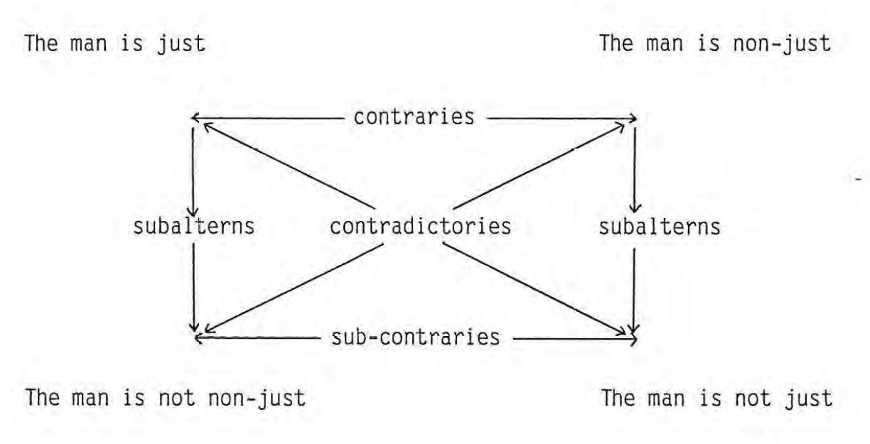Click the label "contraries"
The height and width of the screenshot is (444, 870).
coord(414,117)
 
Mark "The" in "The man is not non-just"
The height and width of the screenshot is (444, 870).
coord(40,399)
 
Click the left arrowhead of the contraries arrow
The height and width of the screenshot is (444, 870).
coord(195,119)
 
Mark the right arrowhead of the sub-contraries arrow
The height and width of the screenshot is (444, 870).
coord(633,338)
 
